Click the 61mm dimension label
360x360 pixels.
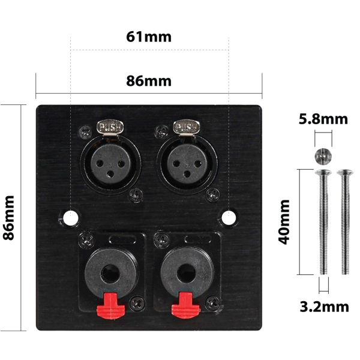(x=149, y=37)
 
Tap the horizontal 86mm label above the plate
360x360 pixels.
(x=149, y=81)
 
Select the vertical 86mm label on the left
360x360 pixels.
(x=9, y=218)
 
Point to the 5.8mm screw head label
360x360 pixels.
(x=323, y=119)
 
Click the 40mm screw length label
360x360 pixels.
(x=284, y=222)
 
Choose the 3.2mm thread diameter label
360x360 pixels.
(x=324, y=307)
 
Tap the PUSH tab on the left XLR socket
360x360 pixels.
(x=110, y=127)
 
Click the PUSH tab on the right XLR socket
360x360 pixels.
(x=187, y=127)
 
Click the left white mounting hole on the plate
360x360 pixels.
(x=71, y=217)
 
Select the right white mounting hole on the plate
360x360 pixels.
(x=229, y=217)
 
